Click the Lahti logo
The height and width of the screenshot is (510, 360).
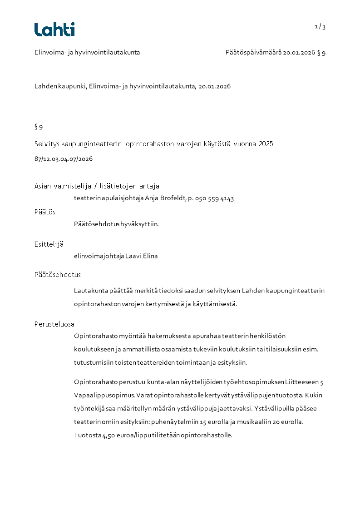coord(54,30)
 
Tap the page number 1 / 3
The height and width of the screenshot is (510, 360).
coord(320,27)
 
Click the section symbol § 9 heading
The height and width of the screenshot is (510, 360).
coord(39,127)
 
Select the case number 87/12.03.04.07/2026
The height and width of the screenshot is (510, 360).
coord(64,159)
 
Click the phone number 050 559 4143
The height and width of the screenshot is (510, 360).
coord(214,198)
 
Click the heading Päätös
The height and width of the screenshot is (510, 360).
coord(45,212)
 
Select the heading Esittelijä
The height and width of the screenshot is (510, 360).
coord(49,244)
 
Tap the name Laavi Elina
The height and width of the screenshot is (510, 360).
coord(142,256)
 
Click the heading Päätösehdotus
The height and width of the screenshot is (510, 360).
coord(58,275)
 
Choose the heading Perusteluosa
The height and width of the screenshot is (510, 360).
coord(54,324)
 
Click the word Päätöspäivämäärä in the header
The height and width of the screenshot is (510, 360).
coord(253,53)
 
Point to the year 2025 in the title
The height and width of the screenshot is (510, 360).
coord(266,144)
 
